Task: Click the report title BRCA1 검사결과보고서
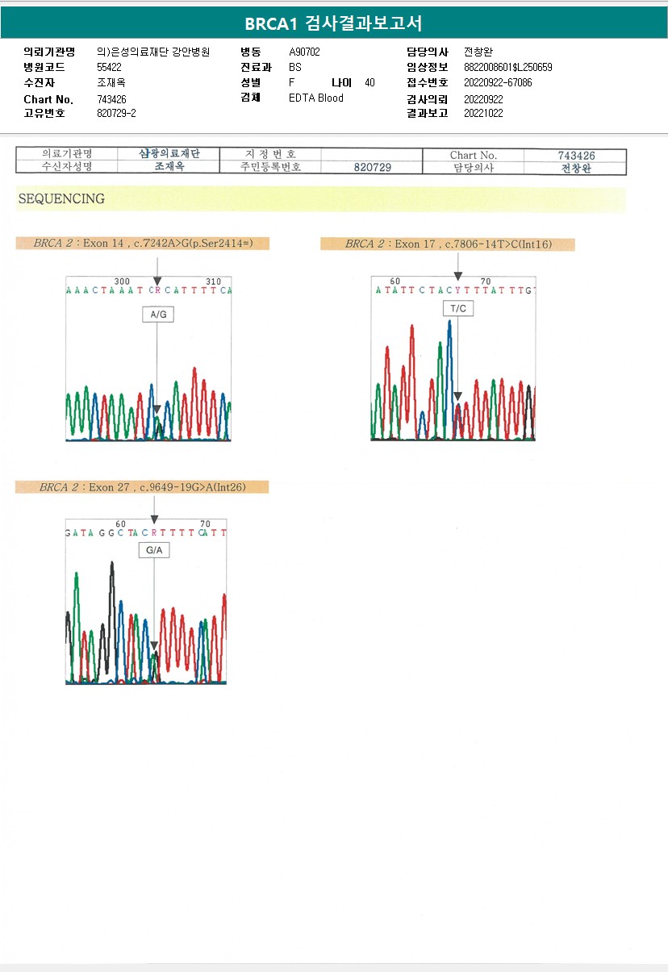333,23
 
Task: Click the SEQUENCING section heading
61,199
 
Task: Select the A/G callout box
157,315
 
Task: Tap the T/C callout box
457,308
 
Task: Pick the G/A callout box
153,550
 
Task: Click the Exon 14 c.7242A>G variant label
142,243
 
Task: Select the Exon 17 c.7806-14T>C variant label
448,244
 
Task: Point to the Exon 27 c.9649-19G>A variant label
142,486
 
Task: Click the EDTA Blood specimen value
316,98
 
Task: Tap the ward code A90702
305,52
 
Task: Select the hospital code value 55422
109,68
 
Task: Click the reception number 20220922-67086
498,83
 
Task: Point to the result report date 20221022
483,114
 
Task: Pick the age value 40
369,83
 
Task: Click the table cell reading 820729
372,167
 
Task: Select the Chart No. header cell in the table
474,155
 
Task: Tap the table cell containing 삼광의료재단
169,154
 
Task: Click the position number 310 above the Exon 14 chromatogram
214,282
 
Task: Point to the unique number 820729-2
116,114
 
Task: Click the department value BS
295,68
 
